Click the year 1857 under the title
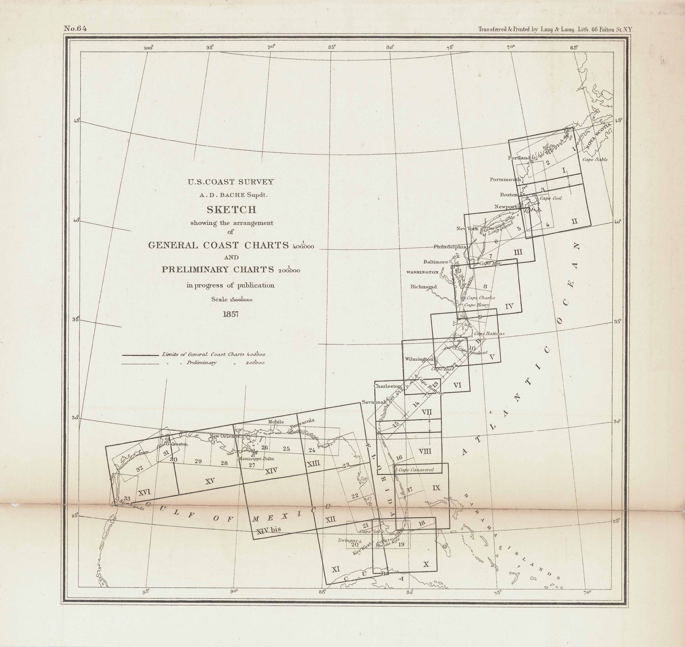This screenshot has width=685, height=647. click(231, 314)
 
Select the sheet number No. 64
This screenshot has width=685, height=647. click(75, 29)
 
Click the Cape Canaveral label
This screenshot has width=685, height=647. click(416, 470)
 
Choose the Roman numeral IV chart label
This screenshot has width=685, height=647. click(509, 306)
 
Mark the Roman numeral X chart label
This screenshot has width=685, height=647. click(426, 564)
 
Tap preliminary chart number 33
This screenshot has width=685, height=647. click(127, 498)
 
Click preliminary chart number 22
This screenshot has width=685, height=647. click(355, 496)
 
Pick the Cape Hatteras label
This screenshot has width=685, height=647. click(489, 333)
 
